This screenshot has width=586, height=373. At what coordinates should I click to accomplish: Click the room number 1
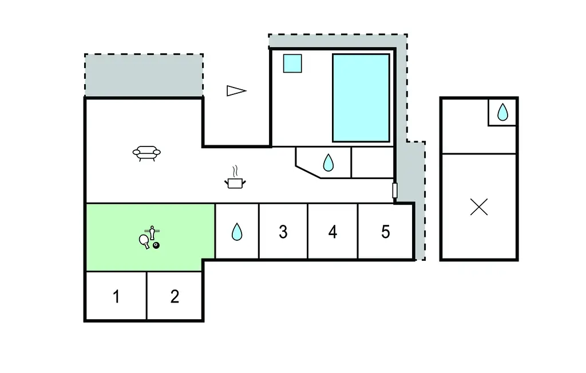coord(116,297)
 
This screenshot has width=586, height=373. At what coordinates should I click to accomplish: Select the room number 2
coord(175,296)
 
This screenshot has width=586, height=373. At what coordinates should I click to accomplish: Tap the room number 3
coord(283,232)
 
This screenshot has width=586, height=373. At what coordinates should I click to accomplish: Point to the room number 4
coord(332,232)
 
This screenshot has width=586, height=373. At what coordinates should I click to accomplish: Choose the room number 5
coord(385,232)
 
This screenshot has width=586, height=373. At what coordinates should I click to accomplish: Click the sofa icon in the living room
coord(146,153)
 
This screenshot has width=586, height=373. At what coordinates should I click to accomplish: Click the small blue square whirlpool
coord(292,63)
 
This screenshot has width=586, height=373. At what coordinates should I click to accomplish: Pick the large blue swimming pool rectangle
coord(361,98)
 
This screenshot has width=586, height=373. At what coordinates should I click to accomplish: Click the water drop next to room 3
coord(237,232)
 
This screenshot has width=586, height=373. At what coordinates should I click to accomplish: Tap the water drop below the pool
coord(328,163)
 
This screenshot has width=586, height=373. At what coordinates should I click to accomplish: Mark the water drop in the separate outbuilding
coord(502,112)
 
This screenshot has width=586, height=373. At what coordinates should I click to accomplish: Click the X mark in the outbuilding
coord(479,207)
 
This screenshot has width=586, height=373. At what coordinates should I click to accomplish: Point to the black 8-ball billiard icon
coord(156,245)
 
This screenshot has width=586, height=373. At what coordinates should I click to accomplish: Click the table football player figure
coord(152,233)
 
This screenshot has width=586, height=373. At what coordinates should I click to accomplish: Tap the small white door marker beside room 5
coord(395,191)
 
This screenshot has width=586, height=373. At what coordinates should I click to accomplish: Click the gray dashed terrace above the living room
coord(144,75)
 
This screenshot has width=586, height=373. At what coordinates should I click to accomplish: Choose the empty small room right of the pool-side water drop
coord(372,162)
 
